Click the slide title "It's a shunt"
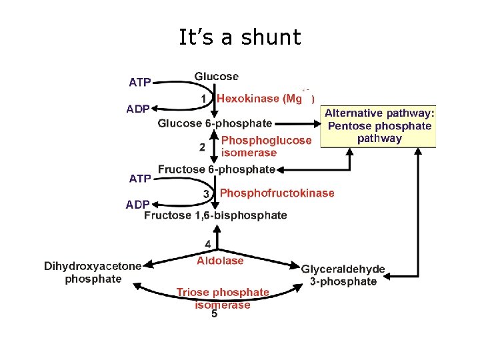tap(240, 37)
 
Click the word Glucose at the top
tap(216, 77)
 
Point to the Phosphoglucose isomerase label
tap(266, 146)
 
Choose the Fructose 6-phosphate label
tap(216, 169)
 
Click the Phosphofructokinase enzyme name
tap(277, 193)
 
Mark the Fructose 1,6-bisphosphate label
tap(215, 215)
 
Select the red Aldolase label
tap(220, 261)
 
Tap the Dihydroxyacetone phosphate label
tap(93, 272)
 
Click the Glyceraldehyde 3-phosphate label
tap(343, 275)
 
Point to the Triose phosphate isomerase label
tap(223, 298)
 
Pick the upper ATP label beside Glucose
tap(139, 83)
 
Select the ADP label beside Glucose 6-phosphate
tap(138, 109)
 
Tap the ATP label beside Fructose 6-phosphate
tap(139, 179)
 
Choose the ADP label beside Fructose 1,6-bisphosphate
tap(138, 205)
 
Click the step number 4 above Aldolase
tap(208, 244)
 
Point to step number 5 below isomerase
tap(214, 314)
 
